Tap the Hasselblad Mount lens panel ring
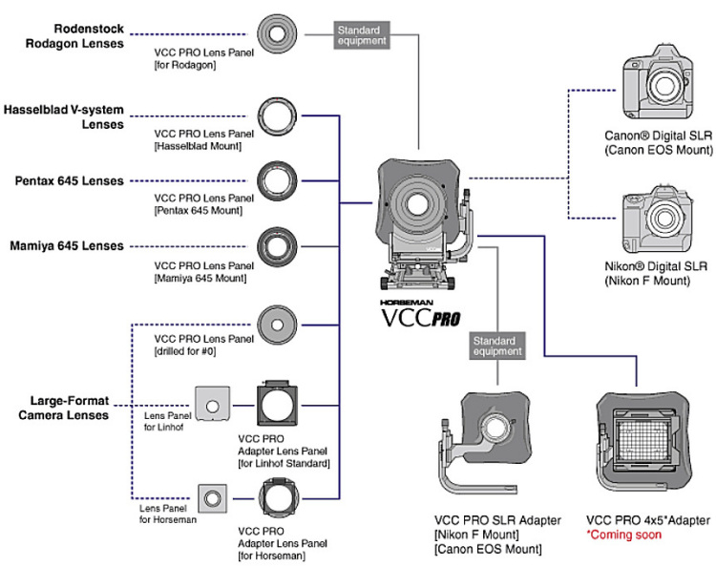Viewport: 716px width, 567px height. coord(279,119)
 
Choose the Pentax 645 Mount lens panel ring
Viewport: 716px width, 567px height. coord(279,180)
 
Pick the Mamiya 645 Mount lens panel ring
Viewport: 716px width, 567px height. coord(279,246)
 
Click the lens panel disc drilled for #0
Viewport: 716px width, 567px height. coord(279,326)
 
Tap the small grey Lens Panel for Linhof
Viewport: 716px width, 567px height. coord(211,404)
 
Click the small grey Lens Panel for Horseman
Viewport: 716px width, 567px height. coord(211,496)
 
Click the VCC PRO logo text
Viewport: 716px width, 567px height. coord(420,317)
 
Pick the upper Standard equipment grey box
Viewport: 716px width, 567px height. coord(359,35)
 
